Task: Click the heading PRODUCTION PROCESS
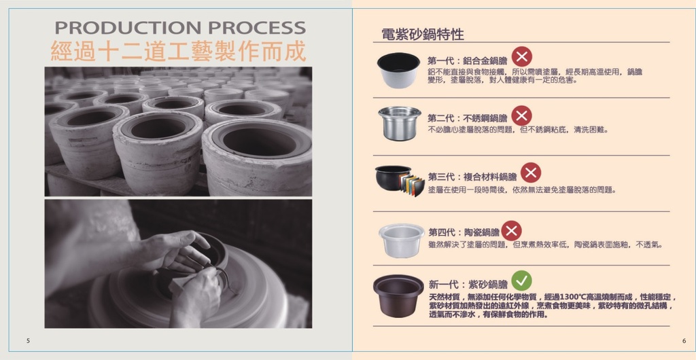point(180,27)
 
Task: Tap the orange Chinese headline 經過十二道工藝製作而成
point(179,51)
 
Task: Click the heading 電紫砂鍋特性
point(423,34)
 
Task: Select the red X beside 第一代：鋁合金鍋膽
point(521,57)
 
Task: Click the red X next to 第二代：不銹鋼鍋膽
point(521,115)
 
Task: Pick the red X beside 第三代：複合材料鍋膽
point(530,173)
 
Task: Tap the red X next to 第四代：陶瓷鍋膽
point(511,230)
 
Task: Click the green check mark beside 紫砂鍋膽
point(521,281)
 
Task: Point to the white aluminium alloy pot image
point(398,70)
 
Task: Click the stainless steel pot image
point(400,123)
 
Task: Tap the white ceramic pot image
point(401,240)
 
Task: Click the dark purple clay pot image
point(398,295)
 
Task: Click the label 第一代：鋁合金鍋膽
point(468,60)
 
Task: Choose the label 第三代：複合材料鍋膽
point(472,177)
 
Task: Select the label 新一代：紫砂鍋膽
point(468,284)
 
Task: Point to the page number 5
point(28,340)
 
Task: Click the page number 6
point(684,340)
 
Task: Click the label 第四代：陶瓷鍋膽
point(464,232)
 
